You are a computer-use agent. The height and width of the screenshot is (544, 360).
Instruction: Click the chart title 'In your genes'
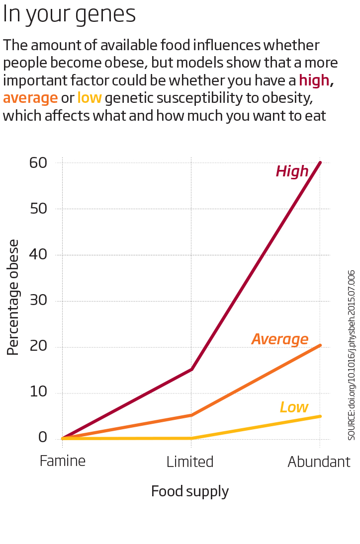69,14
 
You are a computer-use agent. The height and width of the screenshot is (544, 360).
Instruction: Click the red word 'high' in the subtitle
314,80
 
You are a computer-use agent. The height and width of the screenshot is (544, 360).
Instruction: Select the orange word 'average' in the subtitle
30,98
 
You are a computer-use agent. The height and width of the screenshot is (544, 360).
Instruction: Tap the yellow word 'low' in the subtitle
90,98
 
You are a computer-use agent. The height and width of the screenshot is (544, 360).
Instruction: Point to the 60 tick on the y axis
38,162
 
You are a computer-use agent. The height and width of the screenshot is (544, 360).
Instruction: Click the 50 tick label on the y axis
38,209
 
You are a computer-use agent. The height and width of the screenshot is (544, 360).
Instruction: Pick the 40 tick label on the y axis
38,255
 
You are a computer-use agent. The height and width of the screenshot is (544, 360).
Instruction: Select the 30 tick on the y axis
38,301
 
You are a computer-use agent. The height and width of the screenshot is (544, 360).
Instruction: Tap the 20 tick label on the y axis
38,347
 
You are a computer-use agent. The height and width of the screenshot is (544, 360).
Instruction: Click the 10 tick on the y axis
38,392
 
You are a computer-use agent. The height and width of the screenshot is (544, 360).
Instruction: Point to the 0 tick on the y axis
43,438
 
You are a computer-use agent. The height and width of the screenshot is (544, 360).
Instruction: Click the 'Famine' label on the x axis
63,461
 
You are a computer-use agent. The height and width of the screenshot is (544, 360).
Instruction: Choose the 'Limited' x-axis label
190,462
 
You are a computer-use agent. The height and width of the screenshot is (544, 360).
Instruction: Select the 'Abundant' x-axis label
319,462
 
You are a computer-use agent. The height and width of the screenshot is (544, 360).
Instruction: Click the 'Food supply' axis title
190,491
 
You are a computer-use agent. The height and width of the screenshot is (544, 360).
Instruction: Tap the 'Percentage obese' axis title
13,297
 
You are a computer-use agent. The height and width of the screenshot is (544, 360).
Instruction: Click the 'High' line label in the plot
292,171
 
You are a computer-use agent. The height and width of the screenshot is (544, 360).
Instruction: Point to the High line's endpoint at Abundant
320,162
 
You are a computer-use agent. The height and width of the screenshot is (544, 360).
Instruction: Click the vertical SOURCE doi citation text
352,355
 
